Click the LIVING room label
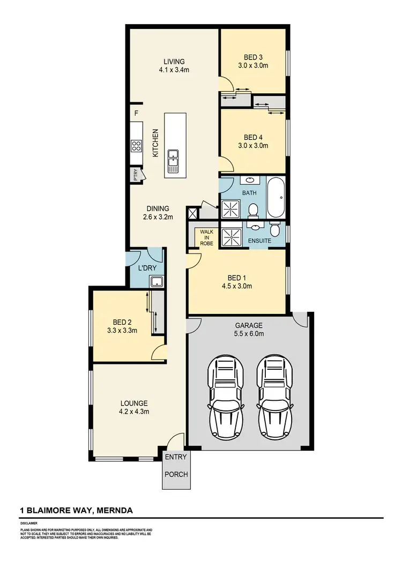tap(174, 61)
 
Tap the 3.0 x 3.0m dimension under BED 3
tap(253, 65)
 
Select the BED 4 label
tap(253, 137)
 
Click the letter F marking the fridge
tap(136, 114)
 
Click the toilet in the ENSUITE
tap(274, 230)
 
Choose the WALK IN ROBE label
tap(206, 237)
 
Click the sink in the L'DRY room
tap(156, 282)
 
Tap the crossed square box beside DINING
tap(192, 213)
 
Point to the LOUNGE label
tap(134, 403)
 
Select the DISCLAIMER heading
tap(29, 522)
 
